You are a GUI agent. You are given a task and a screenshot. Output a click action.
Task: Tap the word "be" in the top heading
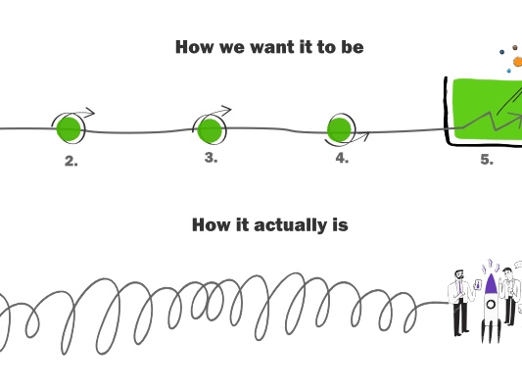click(x=352, y=47)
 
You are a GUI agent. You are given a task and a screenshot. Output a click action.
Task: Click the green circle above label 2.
click(x=69, y=127)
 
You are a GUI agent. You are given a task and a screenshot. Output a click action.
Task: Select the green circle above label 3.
click(x=210, y=129)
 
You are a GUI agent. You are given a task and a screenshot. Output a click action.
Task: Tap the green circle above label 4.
click(x=339, y=128)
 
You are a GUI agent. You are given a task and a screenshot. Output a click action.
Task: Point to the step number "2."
click(x=71, y=162)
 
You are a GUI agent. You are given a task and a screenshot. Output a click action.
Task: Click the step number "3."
click(x=211, y=158)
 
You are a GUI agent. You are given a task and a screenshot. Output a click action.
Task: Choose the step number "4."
click(x=342, y=159)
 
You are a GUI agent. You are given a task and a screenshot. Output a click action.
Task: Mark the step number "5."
click(x=486, y=160)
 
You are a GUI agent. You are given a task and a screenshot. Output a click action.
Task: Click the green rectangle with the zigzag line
click(x=487, y=110)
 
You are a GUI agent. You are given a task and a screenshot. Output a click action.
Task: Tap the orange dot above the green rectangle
click(x=518, y=62)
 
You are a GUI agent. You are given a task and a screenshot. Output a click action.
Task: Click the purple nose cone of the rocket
click(x=491, y=284)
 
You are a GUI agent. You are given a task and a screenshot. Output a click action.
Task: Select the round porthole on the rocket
click(x=491, y=305)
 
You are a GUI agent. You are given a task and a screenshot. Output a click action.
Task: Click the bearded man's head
click(x=458, y=276)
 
